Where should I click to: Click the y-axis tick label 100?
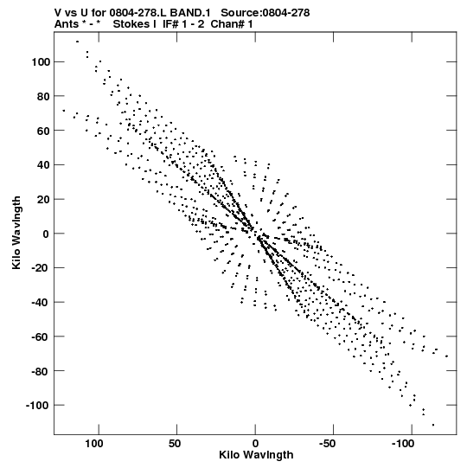point(40,62)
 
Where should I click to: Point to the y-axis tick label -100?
point(37,406)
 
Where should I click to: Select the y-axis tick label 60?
point(43,131)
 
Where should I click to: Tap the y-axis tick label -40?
point(41,303)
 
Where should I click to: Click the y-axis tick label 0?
point(46,234)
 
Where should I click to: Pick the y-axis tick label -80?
point(41,371)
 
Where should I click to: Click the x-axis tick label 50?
point(175,444)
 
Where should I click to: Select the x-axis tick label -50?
point(328,444)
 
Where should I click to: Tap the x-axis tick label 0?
point(255,444)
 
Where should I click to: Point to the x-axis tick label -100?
point(403,444)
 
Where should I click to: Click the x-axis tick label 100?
point(94,444)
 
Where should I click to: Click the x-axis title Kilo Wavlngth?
point(256,455)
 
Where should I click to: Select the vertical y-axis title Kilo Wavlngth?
point(16,233)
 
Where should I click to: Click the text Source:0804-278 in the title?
point(265,13)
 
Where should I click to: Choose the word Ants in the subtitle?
point(67,24)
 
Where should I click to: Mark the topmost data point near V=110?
point(77,42)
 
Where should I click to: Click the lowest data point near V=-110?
point(433,425)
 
